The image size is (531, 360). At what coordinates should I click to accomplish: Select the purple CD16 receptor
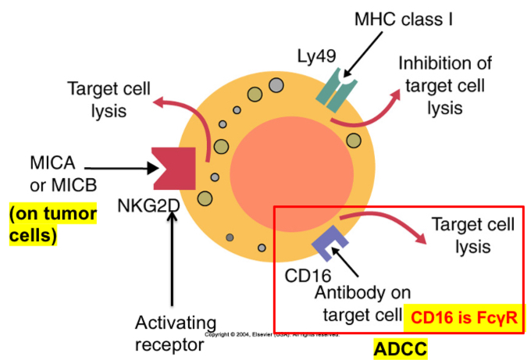coord(326,244)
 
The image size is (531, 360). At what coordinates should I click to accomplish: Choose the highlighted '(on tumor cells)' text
coord(53,223)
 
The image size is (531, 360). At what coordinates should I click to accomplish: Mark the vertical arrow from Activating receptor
coord(172,258)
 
